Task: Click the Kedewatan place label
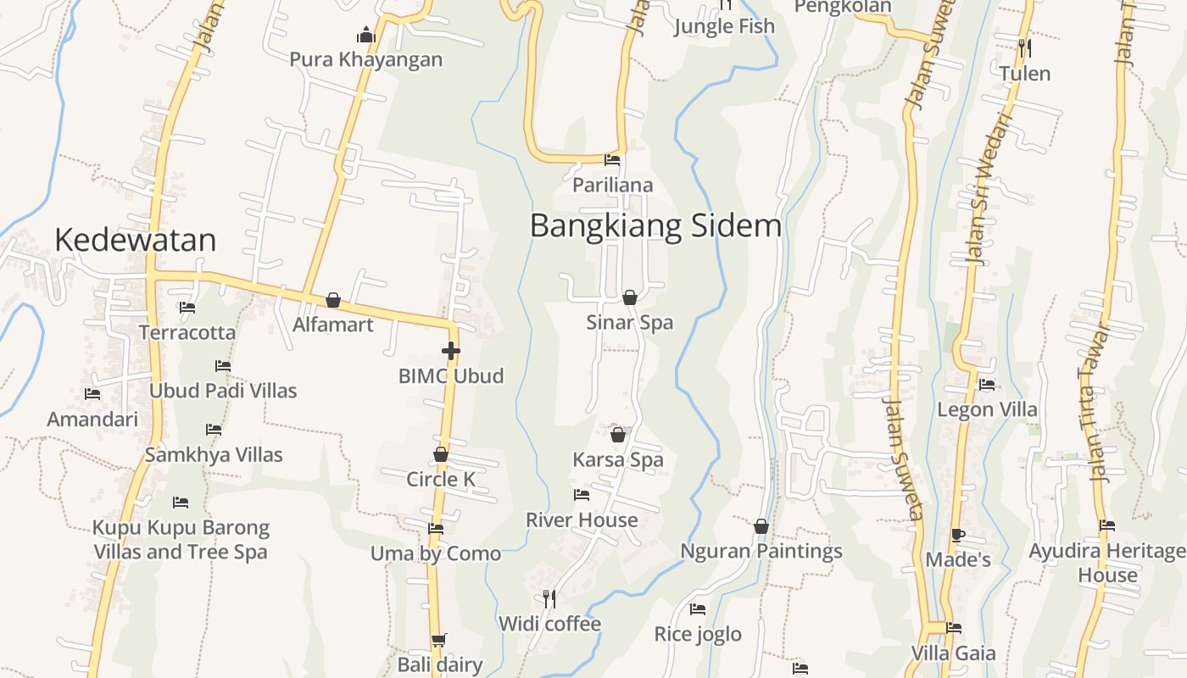135,240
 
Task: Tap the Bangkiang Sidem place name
655,226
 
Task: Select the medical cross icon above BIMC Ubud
451,351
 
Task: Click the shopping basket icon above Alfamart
333,300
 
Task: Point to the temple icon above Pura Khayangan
366,35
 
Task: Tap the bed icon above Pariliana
612,160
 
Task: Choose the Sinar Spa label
629,323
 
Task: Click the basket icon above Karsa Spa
618,435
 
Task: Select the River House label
582,520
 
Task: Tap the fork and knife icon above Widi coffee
549,599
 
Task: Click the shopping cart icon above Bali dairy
438,640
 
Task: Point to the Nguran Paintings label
761,551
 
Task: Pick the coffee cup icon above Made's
957,535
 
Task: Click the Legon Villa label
987,409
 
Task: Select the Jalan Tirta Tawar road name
1095,403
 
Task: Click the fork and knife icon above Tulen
1025,48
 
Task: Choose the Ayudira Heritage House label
1107,563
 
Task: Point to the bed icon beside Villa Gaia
954,628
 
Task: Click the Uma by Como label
436,553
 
